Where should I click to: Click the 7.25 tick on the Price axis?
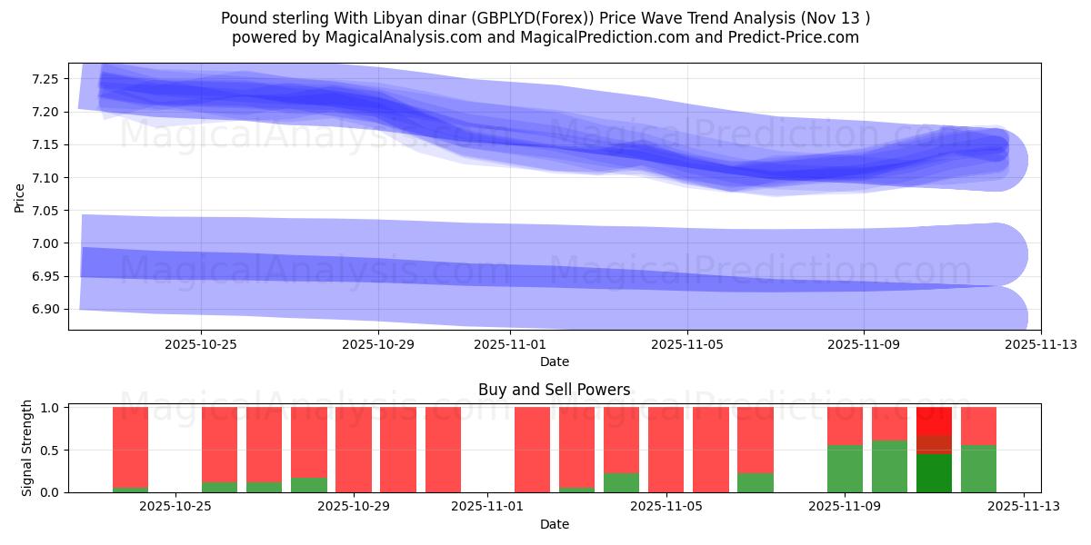coord(45,79)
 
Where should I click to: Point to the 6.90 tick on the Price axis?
coord(45,309)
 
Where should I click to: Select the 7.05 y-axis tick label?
coord(45,211)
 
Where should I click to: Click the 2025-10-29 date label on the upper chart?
coord(377,344)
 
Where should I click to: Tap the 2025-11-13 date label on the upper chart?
coord(1040,344)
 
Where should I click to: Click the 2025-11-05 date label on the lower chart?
coord(666,507)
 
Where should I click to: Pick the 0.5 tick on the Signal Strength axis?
coord(50,450)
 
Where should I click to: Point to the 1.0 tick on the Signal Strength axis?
coord(50,408)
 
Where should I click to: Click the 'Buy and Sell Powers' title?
coord(554,390)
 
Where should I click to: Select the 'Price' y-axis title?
coord(20,196)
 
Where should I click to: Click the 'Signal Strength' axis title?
coord(27,448)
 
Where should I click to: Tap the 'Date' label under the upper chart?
coord(554,362)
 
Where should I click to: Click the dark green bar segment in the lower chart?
coord(934,473)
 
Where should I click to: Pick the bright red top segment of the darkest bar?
coord(934,421)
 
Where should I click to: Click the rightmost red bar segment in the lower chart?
coord(978,426)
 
